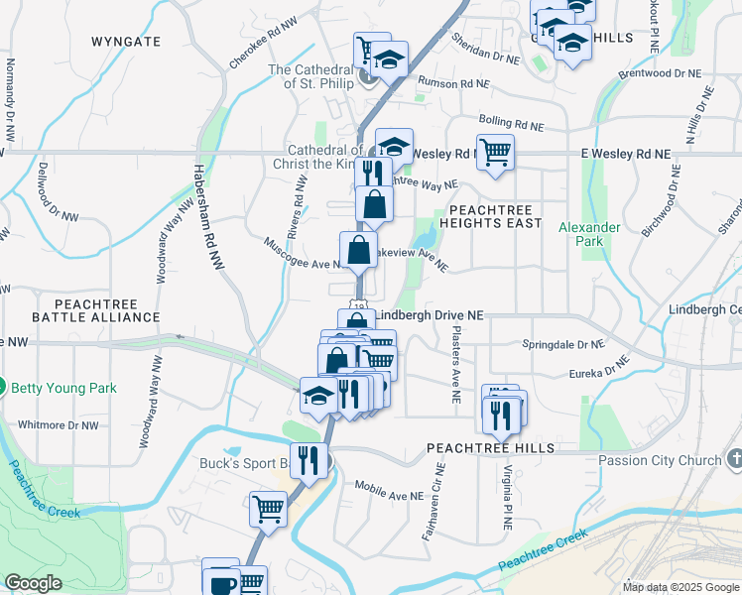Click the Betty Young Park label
pyautogui.click(x=63, y=387)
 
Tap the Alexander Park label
pyautogui.click(x=589, y=234)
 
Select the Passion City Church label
pyautogui.click(x=659, y=460)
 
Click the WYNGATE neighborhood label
pyautogui.click(x=125, y=42)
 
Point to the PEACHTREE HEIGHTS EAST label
pyautogui.click(x=495, y=216)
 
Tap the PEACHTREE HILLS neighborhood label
pyautogui.click(x=481, y=448)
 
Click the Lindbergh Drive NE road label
pyautogui.click(x=430, y=314)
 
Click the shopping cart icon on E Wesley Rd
pyautogui.click(x=495, y=152)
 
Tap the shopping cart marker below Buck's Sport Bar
pyautogui.click(x=268, y=509)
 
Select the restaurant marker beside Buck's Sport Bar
pyautogui.click(x=309, y=458)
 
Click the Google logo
pyautogui.click(x=34, y=583)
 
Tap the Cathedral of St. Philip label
pyautogui.click(x=311, y=75)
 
